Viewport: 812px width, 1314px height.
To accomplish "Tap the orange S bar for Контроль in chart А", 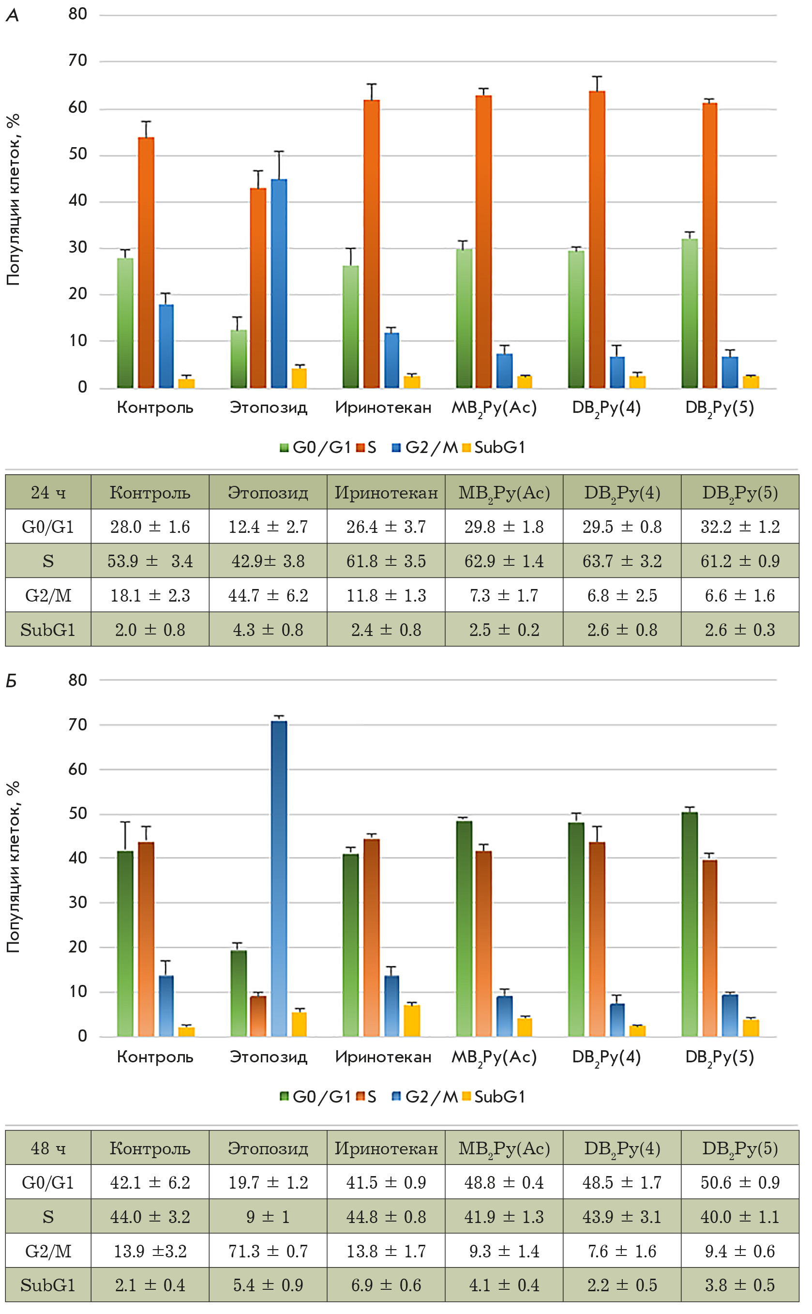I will [x=146, y=263].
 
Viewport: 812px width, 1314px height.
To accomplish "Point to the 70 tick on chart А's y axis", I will [x=78, y=60].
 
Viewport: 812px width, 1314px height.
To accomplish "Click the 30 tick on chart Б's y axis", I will [x=78, y=902].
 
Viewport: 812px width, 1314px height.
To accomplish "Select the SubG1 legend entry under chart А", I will [x=494, y=447].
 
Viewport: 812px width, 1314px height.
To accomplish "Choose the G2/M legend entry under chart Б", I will [x=425, y=1097].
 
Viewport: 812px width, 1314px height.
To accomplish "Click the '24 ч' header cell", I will [x=48, y=492].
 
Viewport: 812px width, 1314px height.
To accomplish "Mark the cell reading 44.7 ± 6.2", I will [x=268, y=595].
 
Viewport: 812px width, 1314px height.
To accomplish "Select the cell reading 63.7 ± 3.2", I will [x=622, y=561].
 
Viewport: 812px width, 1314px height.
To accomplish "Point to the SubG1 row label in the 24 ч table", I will [x=48, y=629].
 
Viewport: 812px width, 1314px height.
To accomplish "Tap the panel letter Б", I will [x=11, y=681].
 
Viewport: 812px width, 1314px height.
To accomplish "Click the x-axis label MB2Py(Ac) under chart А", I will [x=494, y=408].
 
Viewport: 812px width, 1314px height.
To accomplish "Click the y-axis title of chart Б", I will [x=13, y=867].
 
